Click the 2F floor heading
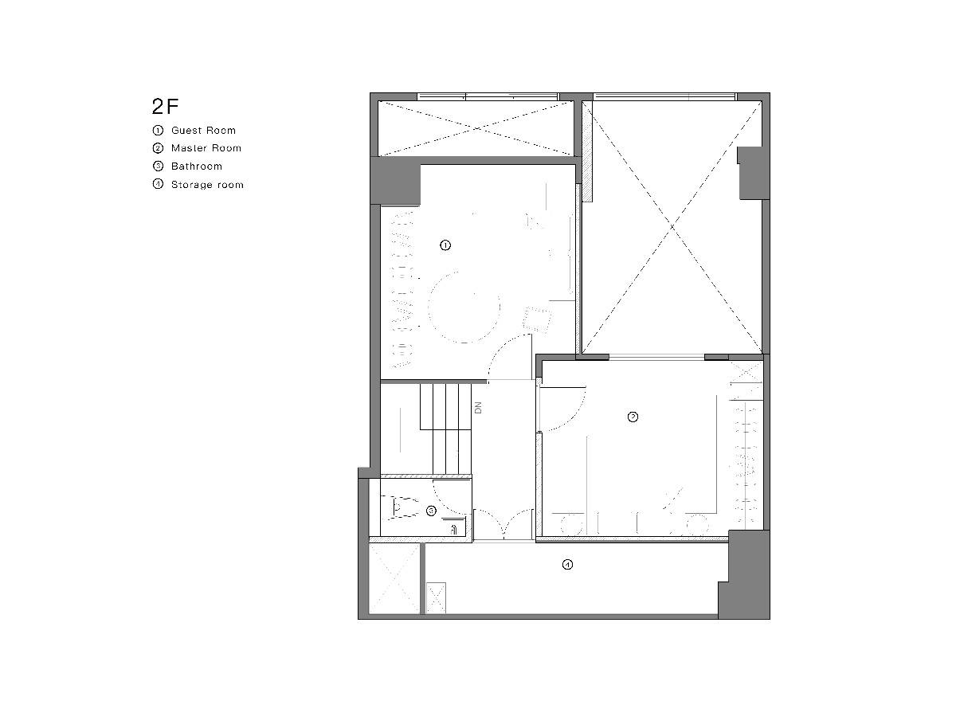click(165, 107)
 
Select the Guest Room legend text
click(203, 131)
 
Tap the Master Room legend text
click(206, 148)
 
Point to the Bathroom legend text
click(196, 166)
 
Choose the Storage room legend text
click(207, 185)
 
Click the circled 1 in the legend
click(158, 130)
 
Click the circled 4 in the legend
click(158, 184)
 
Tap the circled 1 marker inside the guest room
click(445, 245)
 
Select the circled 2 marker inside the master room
click(633, 417)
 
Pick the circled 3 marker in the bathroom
click(431, 511)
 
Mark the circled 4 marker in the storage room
click(567, 565)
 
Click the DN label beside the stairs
click(478, 408)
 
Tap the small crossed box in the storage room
click(436, 597)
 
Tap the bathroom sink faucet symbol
click(454, 530)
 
